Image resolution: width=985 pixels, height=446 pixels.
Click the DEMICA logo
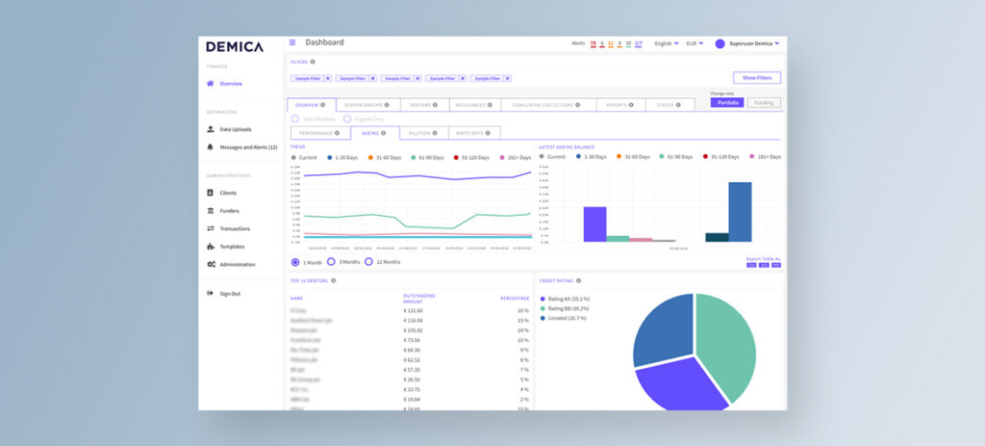click(x=234, y=46)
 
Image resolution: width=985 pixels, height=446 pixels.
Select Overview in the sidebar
click(x=230, y=84)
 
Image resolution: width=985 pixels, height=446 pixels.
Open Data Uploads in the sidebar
click(x=235, y=129)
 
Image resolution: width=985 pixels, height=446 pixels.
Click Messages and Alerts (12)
click(x=247, y=147)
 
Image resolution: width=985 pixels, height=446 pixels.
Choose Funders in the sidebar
click(x=229, y=211)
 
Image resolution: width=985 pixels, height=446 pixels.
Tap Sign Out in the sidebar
click(x=229, y=294)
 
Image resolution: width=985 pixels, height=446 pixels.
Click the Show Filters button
click(x=756, y=78)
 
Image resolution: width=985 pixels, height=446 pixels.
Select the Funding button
click(x=764, y=103)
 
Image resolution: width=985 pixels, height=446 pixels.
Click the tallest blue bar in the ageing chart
click(x=740, y=212)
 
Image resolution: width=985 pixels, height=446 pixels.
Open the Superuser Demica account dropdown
click(x=748, y=43)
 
